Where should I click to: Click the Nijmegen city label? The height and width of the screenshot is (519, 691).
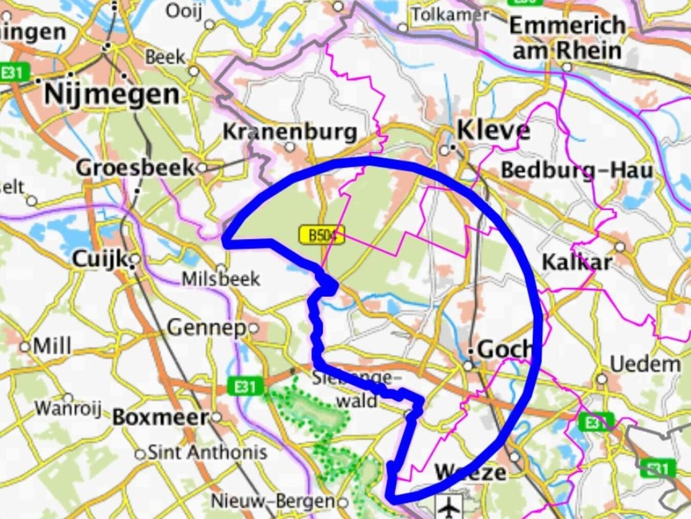click(x=112, y=94)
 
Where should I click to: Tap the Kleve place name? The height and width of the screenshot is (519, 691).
click(x=493, y=131)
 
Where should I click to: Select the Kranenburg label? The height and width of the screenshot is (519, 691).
click(x=290, y=132)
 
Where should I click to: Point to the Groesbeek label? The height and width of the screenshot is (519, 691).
click(x=135, y=167)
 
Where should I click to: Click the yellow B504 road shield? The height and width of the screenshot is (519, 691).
click(x=321, y=235)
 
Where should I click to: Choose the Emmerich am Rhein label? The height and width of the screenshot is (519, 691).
click(x=567, y=38)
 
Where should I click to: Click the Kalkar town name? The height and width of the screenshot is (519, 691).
click(x=576, y=262)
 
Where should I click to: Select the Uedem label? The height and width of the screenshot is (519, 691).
click(x=645, y=364)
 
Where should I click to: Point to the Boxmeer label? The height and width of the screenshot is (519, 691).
click(x=160, y=417)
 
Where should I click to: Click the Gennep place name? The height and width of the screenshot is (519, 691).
click(x=207, y=327)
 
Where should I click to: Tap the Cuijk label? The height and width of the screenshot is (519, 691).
click(x=99, y=259)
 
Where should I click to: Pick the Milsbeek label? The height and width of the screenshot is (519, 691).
click(x=221, y=279)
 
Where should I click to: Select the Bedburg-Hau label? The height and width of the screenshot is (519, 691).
click(x=577, y=170)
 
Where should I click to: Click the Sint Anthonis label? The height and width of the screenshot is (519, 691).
click(x=207, y=452)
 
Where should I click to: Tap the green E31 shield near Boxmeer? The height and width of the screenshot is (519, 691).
click(x=246, y=386)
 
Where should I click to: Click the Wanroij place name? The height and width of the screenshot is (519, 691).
click(x=68, y=408)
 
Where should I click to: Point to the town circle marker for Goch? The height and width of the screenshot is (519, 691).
click(x=468, y=365)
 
